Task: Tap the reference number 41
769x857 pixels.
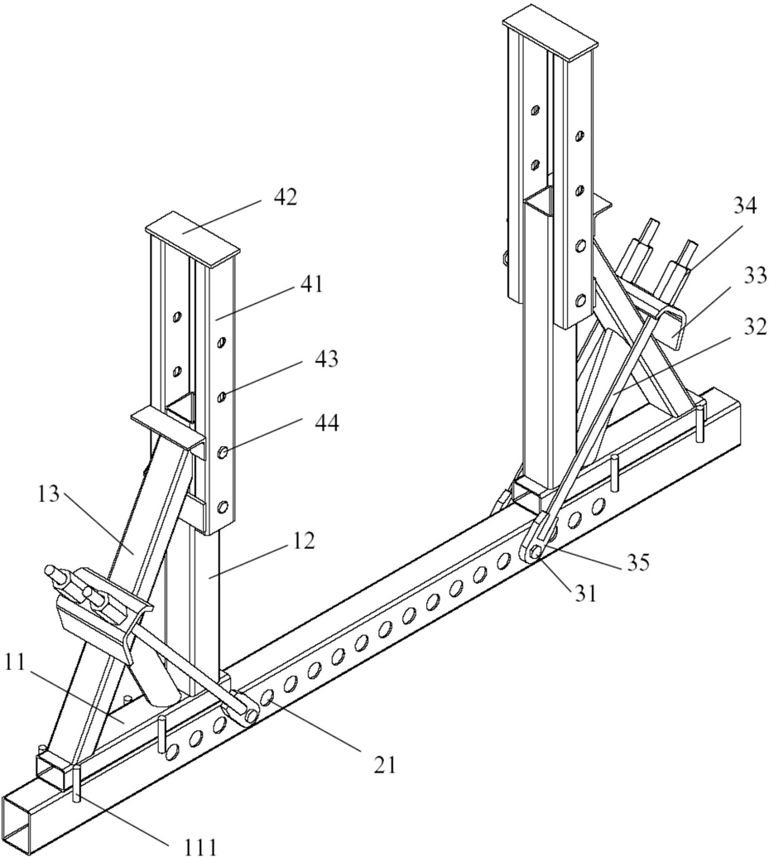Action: click(x=310, y=285)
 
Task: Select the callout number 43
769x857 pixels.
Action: click(x=326, y=359)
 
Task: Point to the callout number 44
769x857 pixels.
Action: click(x=326, y=422)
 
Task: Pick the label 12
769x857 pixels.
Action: click(x=303, y=541)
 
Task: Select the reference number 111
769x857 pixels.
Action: click(x=199, y=846)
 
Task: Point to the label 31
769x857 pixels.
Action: click(x=585, y=593)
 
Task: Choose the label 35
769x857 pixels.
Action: click(x=637, y=562)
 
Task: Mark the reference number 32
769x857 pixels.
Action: click(x=754, y=326)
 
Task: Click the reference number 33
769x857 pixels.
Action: click(x=754, y=277)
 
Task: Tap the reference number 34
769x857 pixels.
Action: click(x=744, y=207)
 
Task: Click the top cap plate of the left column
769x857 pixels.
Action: click(x=192, y=238)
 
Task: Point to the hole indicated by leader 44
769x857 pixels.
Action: click(x=223, y=453)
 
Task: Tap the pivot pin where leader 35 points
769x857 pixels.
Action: click(x=535, y=553)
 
